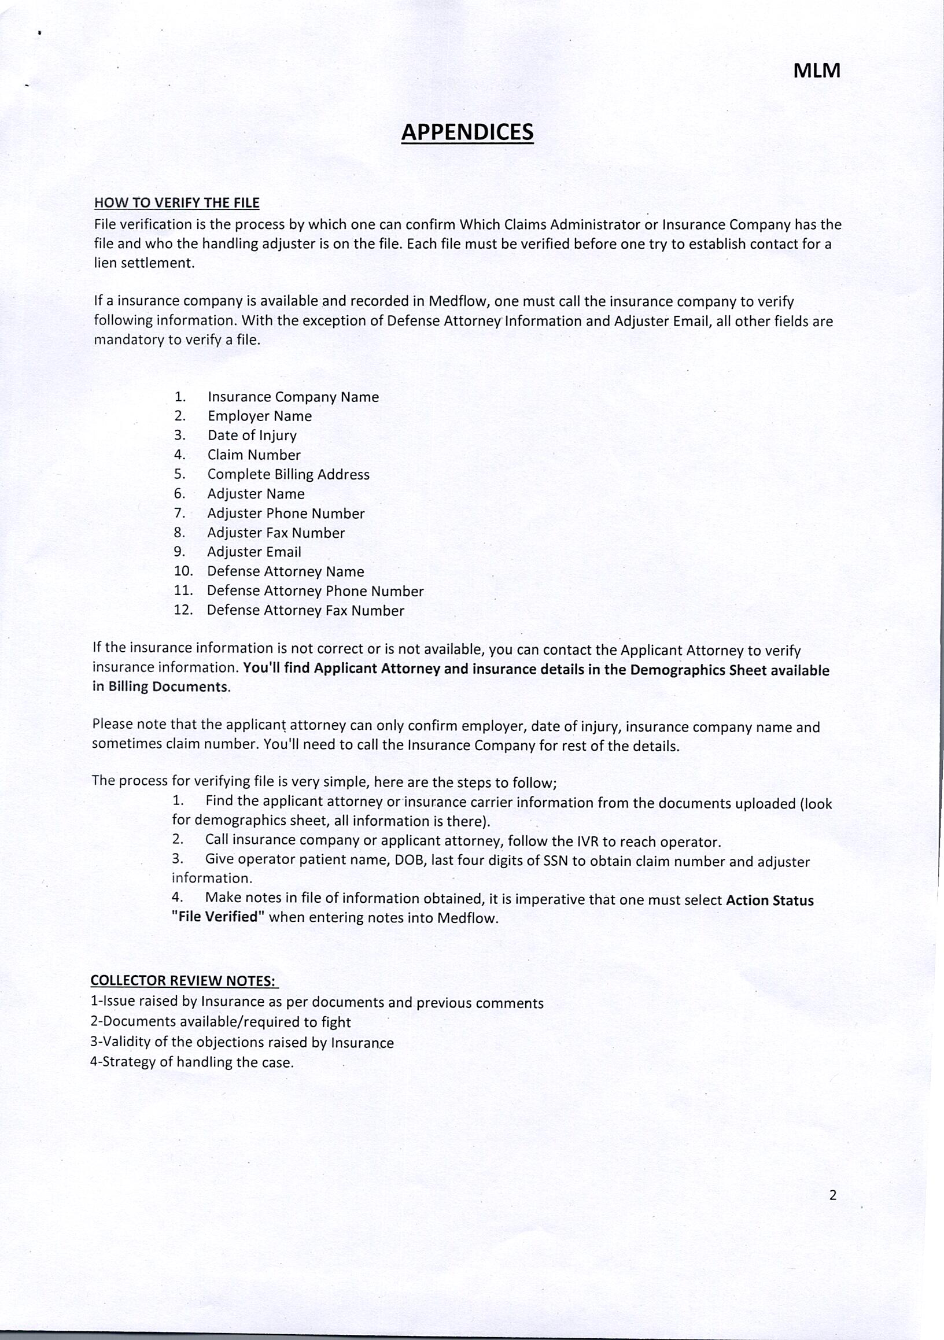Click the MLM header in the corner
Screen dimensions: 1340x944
coord(817,71)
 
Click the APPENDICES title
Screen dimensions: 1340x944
coord(467,132)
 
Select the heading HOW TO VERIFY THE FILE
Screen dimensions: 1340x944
coord(177,203)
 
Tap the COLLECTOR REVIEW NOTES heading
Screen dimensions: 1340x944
coord(184,980)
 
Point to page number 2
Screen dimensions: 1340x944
coord(832,1195)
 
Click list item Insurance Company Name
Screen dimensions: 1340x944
coord(293,397)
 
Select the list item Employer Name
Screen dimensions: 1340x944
coord(260,416)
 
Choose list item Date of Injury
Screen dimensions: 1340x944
coord(252,435)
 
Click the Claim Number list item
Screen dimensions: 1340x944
coord(254,455)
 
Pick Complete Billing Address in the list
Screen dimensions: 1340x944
coord(289,474)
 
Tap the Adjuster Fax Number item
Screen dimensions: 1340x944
coord(276,533)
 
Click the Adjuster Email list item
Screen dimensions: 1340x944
coord(255,552)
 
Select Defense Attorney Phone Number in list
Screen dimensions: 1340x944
coord(315,591)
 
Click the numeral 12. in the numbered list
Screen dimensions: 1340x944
coord(183,610)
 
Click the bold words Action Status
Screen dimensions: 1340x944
coord(769,900)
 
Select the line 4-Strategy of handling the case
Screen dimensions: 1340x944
coord(191,1062)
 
